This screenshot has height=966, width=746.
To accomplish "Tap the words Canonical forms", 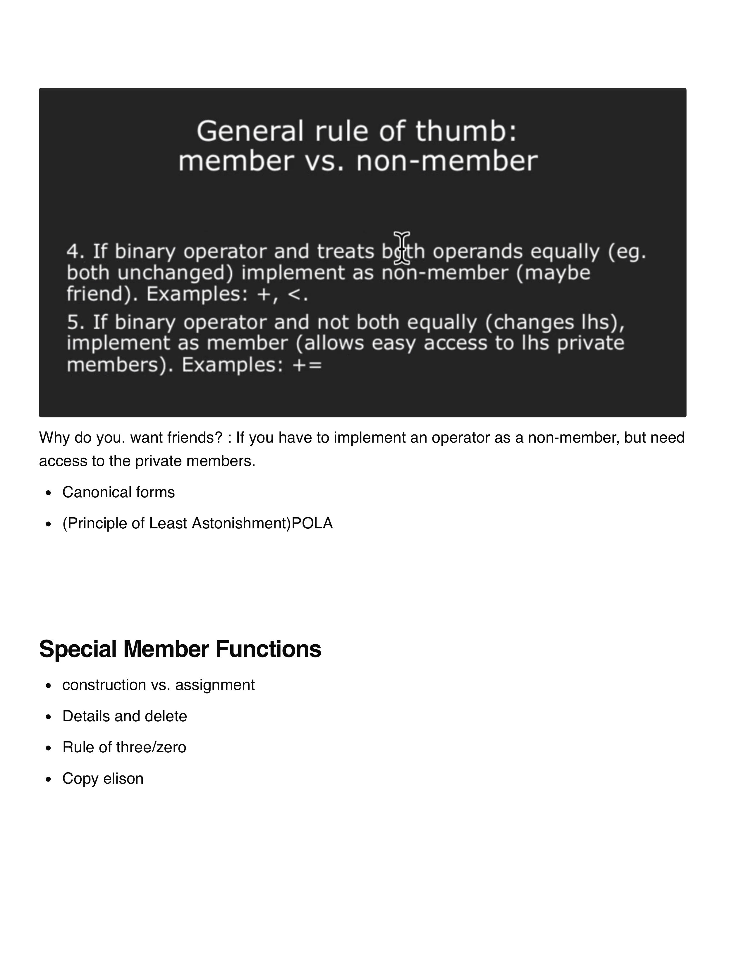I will pos(118,492).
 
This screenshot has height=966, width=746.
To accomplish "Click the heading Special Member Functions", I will pos(180,649).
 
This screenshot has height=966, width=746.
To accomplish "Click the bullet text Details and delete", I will pos(125,716).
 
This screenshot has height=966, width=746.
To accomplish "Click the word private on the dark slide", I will pos(591,344).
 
